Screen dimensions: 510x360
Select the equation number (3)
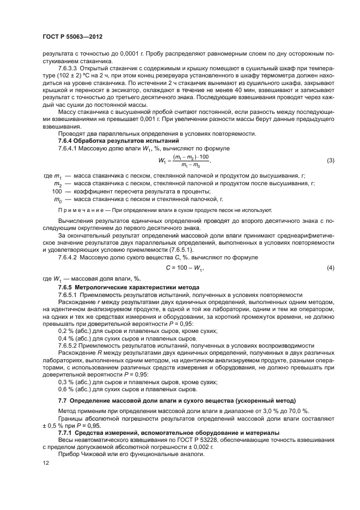(330, 161)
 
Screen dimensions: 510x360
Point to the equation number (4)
(330, 269)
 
